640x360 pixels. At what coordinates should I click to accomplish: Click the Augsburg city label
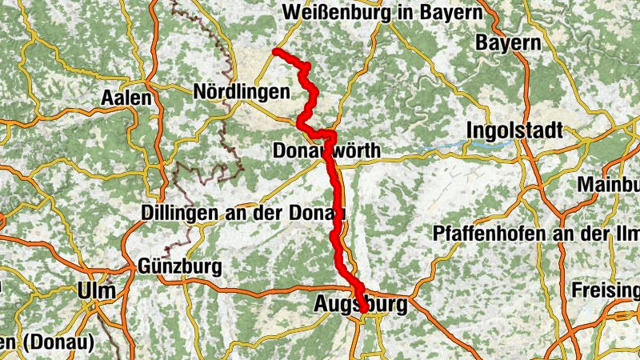tap(361, 305)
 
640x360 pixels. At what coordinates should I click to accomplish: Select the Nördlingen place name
tap(241, 93)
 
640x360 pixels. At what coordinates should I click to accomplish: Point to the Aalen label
tap(126, 98)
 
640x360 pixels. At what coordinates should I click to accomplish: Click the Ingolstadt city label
tap(517, 130)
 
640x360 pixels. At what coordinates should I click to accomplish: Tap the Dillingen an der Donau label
tap(242, 213)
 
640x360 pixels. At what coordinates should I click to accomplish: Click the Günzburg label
tap(179, 265)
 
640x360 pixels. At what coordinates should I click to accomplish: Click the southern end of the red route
tap(364, 310)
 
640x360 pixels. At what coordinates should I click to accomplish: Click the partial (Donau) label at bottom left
tap(48, 343)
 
